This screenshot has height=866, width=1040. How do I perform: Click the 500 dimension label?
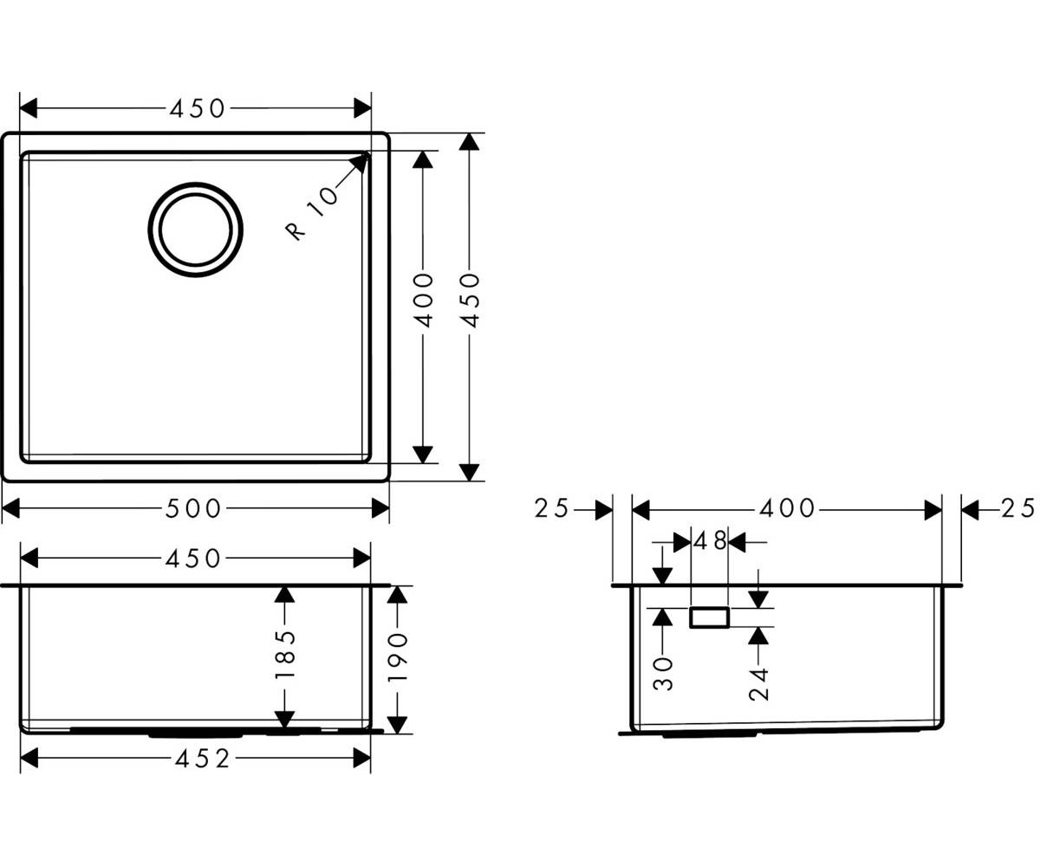[x=192, y=508]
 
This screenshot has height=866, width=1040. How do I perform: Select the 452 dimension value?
[x=203, y=759]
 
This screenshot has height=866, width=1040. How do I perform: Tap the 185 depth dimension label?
[x=285, y=654]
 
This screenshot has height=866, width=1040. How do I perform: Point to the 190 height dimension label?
[x=397, y=657]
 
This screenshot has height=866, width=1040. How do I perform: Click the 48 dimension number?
[x=710, y=540]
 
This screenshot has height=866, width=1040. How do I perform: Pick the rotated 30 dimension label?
[x=662, y=674]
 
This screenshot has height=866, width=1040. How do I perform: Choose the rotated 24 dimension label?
[x=758, y=685]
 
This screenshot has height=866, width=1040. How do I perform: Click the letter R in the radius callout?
[x=295, y=230]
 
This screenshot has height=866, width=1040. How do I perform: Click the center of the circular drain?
[x=195, y=229]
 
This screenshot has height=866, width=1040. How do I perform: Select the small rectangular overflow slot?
[x=709, y=617]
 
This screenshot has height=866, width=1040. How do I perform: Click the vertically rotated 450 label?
[x=470, y=301]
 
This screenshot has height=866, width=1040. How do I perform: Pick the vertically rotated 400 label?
[x=424, y=301]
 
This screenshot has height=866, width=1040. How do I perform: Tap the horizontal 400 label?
[x=787, y=508]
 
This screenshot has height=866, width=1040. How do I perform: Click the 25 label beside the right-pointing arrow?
[x=551, y=508]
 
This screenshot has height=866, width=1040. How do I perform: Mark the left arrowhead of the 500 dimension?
[x=11, y=508]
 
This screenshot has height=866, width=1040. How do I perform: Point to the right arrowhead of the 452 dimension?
[x=361, y=759]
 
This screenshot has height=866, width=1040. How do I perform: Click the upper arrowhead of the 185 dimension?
[x=284, y=595]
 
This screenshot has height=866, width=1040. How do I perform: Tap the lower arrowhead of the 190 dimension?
[x=397, y=725]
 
